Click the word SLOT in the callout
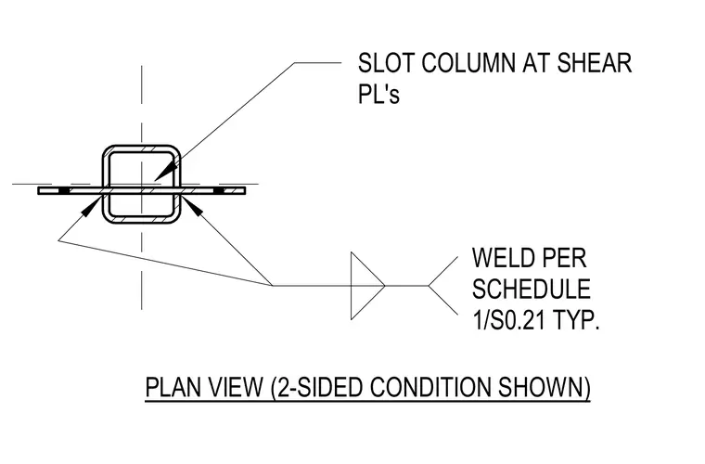point(386,63)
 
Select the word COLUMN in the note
point(468,63)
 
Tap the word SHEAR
point(595,63)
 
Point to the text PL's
point(378,95)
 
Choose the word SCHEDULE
point(531,290)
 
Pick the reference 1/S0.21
point(508,320)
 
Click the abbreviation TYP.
point(576,320)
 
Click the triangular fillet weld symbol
point(366,286)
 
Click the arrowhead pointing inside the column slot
point(165,171)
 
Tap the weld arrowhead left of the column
point(90,207)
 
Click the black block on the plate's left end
point(64,191)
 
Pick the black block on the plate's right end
point(219,191)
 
